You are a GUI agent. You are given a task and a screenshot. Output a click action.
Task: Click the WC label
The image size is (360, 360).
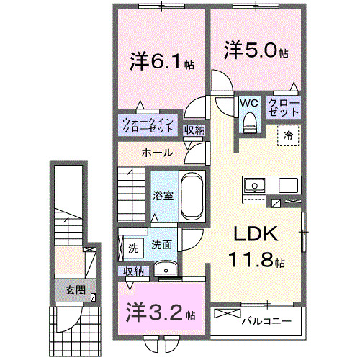click(249, 103)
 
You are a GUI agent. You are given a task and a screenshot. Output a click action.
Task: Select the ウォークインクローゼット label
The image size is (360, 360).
click(147, 125)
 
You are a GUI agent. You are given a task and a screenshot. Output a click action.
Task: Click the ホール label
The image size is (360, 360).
click(156, 153)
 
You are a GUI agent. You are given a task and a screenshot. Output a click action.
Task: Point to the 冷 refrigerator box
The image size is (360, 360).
click(287, 134)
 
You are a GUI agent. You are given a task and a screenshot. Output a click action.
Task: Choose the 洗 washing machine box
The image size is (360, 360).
click(132, 248)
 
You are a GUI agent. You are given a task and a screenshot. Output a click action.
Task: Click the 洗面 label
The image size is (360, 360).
click(161, 245)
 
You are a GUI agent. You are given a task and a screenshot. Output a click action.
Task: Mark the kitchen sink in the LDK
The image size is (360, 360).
click(256, 186)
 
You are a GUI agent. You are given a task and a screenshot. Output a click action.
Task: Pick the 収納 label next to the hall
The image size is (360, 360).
click(194, 130)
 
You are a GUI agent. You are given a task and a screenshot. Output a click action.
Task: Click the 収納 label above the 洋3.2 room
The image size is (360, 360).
click(134, 271)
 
